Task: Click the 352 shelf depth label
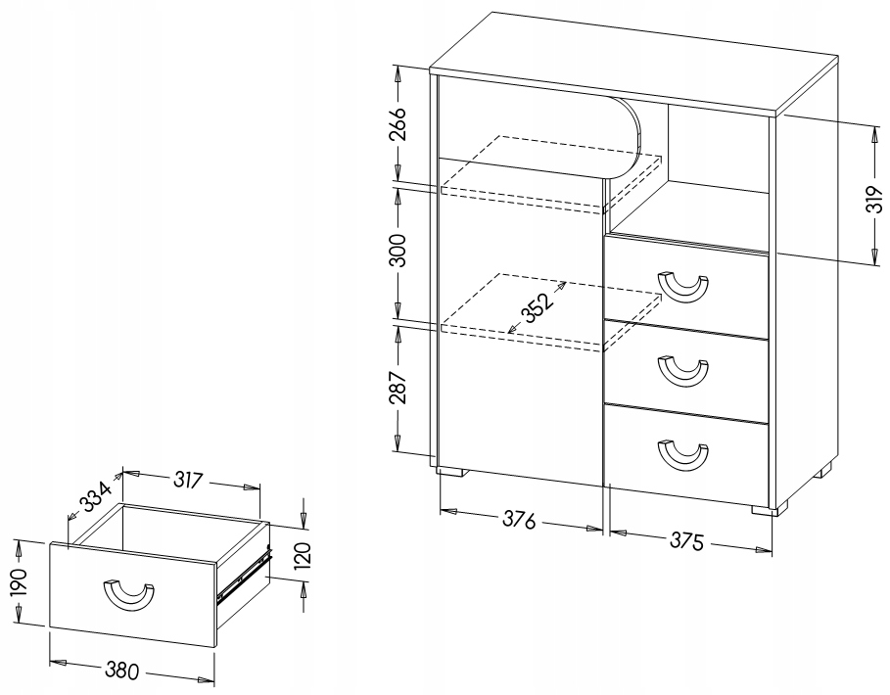click(537, 307)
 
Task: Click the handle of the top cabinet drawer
click(683, 287)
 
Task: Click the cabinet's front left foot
click(451, 472)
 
